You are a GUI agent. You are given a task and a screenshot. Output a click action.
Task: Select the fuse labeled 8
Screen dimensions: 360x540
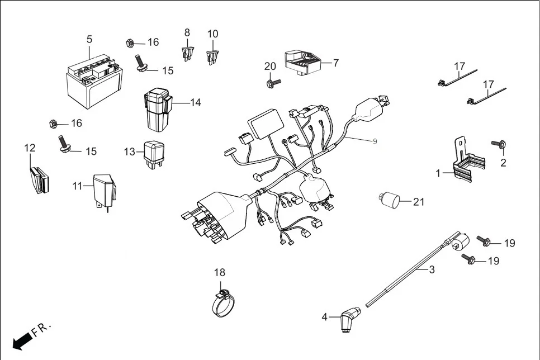pos(187,54)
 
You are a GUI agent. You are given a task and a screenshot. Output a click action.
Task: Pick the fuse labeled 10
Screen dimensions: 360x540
pos(212,56)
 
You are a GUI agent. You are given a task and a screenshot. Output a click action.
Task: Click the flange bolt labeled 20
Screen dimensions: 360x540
pos(273,83)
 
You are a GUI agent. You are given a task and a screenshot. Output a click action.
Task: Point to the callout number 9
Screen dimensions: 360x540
pos(375,141)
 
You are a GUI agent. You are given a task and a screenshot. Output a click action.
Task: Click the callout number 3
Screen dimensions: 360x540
pos(432,269)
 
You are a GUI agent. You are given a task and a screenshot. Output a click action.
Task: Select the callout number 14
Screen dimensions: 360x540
pos(195,103)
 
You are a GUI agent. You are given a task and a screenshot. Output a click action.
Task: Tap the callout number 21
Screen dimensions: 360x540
pos(419,202)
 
